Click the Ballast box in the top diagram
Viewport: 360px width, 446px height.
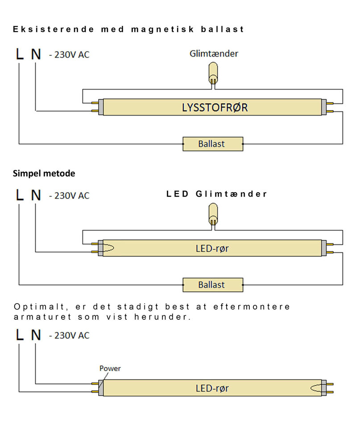click(213, 144)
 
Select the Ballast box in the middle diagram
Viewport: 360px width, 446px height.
click(213, 285)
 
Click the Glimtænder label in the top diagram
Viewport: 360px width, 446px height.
click(214, 54)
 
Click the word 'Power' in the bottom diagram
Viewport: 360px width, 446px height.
click(110, 368)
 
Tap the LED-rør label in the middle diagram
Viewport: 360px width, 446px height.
click(212, 248)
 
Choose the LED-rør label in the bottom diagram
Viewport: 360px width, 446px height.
click(212, 388)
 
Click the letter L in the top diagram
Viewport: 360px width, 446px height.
click(19, 54)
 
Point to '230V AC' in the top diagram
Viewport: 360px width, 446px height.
click(71, 55)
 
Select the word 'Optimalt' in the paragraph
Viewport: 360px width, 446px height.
click(37, 307)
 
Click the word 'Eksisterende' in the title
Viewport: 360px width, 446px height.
click(54, 29)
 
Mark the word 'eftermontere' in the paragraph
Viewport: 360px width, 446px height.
click(257, 307)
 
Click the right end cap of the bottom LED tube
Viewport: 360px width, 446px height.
click(324, 388)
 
